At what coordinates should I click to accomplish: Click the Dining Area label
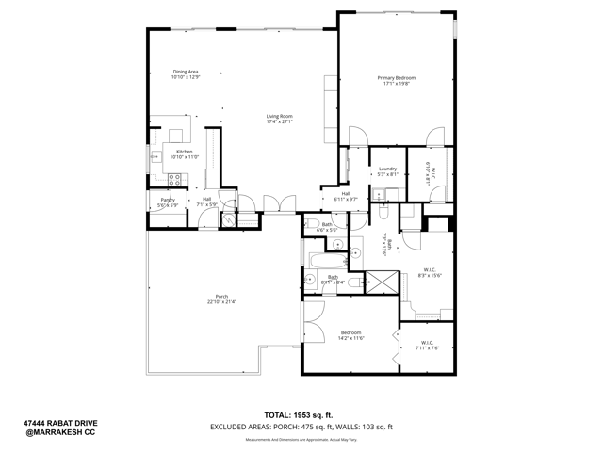185,74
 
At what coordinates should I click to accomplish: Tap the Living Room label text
280,119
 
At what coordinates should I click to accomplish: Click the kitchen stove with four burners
174,178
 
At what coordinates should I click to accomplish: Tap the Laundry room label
388,171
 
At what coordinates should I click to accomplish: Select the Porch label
222,300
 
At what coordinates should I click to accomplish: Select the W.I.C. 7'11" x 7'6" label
427,345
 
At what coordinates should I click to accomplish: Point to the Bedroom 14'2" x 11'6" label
350,334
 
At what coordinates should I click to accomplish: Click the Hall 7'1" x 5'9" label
206,202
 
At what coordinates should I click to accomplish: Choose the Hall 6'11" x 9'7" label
346,196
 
